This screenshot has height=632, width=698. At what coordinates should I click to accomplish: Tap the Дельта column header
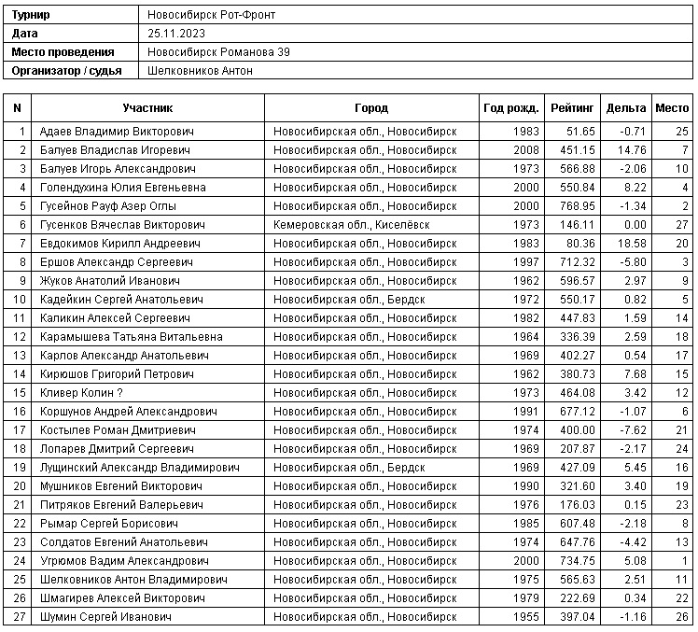tap(625, 108)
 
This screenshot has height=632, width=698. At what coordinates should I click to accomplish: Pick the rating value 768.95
tap(576, 205)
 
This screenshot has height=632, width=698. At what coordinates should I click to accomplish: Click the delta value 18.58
tap(632, 243)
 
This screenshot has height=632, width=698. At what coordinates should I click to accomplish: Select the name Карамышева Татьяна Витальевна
tap(132, 336)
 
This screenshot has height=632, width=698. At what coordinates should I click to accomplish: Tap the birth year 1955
tap(525, 616)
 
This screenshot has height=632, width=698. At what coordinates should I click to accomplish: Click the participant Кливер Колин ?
tap(82, 392)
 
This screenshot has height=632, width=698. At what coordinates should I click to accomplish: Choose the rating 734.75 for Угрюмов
tap(576, 560)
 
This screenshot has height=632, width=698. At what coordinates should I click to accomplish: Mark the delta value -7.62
tap(632, 429)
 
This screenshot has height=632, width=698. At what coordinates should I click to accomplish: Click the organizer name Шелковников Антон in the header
tap(201, 70)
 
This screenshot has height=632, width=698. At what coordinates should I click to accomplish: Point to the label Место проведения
tap(63, 52)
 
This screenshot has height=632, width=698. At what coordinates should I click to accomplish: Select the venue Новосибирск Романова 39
tap(219, 52)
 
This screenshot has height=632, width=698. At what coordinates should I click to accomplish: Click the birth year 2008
tap(525, 149)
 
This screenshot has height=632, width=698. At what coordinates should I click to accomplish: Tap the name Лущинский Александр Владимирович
tap(136, 467)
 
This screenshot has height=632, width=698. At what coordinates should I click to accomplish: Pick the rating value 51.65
tap(579, 131)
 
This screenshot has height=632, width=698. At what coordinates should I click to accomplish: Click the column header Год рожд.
tap(510, 108)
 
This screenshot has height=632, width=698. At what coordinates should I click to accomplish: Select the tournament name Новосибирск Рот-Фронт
tap(212, 16)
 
